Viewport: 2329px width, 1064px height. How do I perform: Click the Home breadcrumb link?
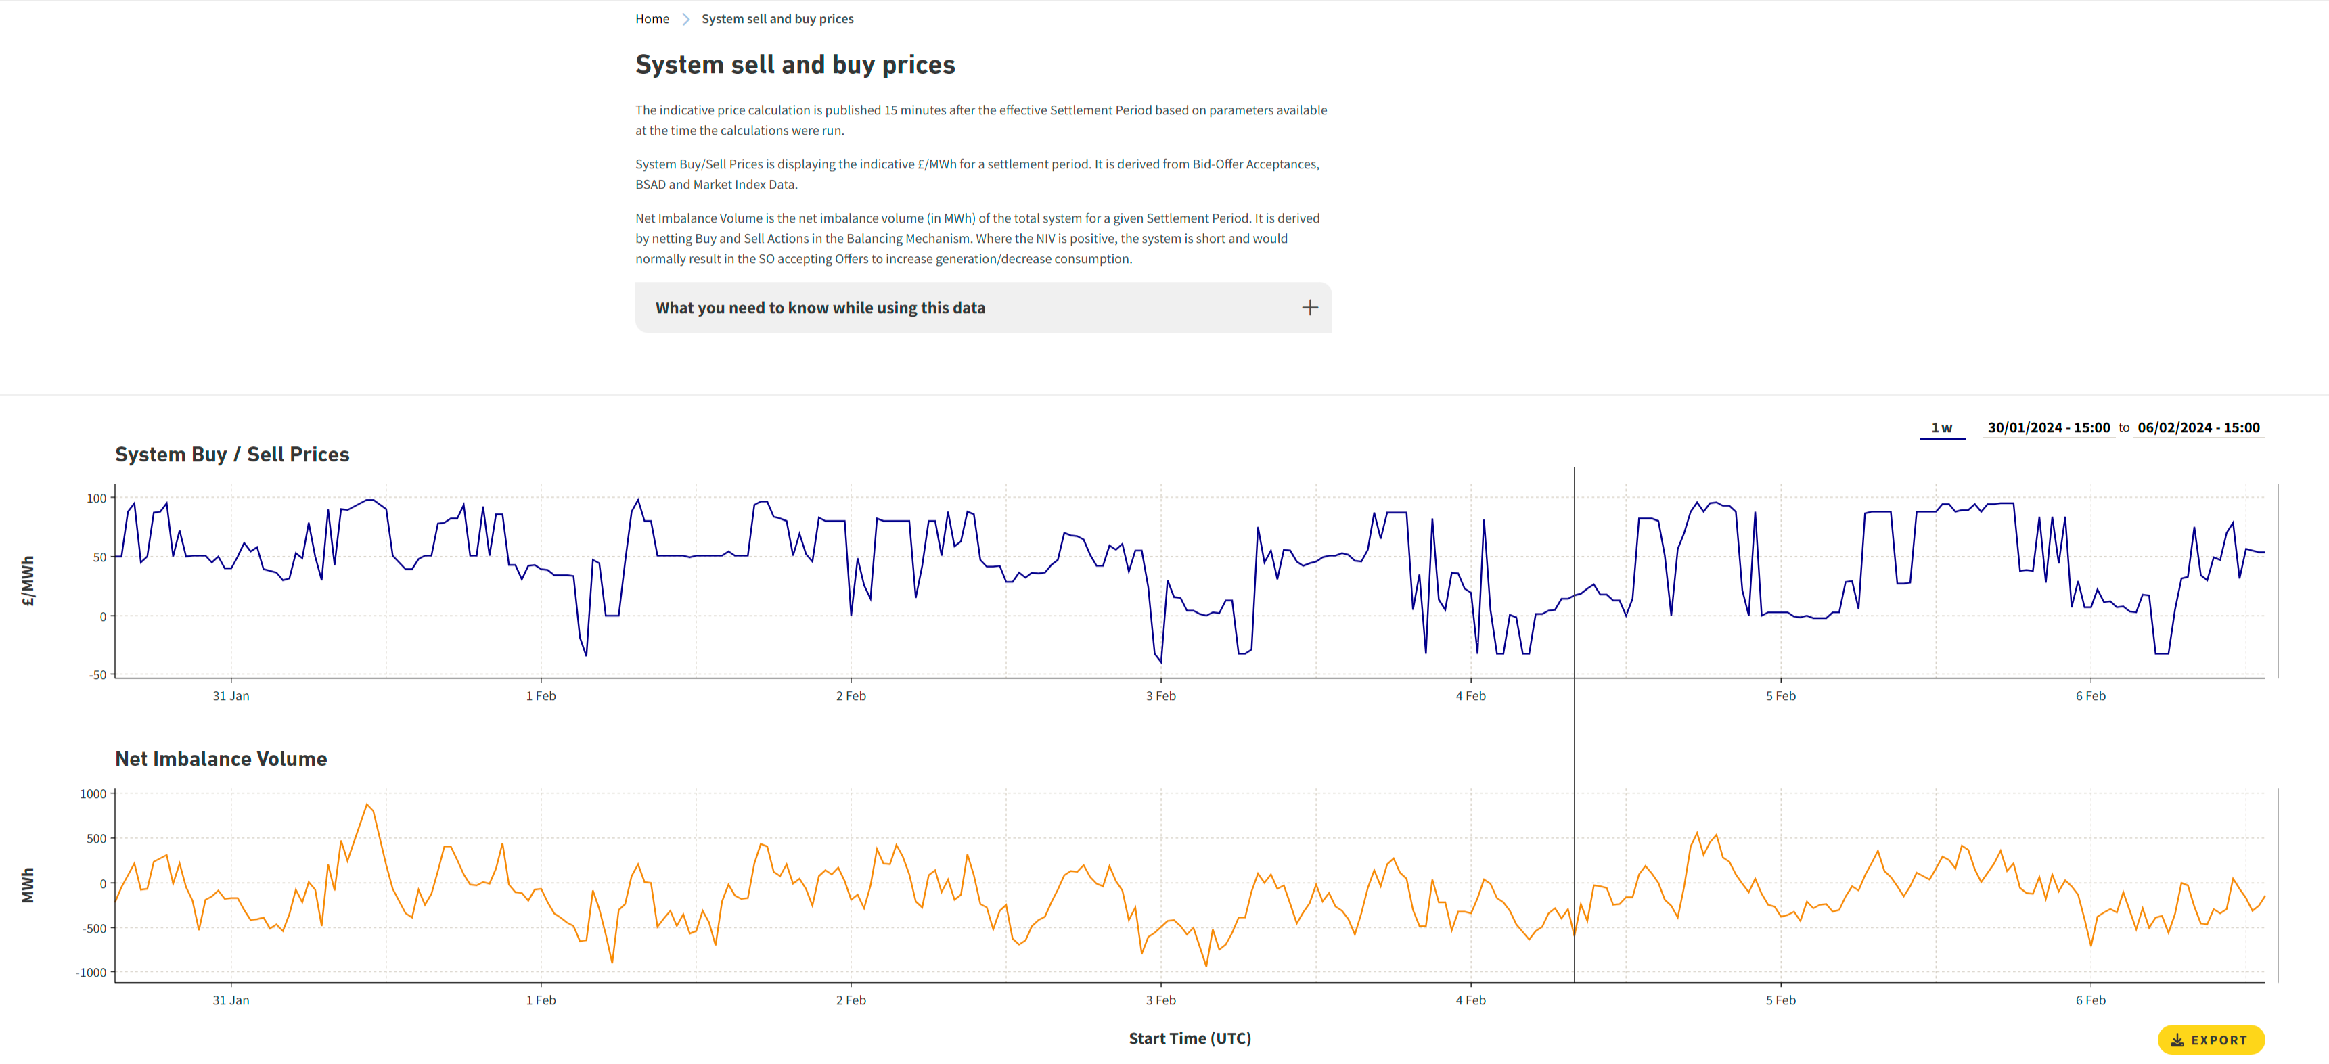tap(652, 19)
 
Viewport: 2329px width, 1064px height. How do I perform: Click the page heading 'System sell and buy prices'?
tap(795, 65)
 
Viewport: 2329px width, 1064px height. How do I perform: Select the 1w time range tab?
tap(1941, 427)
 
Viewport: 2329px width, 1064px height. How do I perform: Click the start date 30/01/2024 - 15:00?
tap(2048, 427)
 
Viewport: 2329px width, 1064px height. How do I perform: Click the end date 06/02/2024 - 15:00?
tap(2198, 427)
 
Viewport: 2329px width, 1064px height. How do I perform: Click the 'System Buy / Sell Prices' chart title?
tap(232, 455)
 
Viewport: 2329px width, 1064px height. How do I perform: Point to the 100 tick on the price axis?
tap(97, 498)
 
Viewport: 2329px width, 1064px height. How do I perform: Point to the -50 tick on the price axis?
tap(97, 674)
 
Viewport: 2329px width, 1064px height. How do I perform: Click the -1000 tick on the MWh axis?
tap(91, 973)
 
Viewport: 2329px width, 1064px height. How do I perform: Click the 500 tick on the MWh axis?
tap(96, 839)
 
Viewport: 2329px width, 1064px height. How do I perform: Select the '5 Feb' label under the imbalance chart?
tap(1780, 1000)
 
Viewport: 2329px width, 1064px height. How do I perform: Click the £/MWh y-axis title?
tap(28, 580)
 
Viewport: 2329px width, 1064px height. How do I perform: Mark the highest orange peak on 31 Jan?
tap(367, 804)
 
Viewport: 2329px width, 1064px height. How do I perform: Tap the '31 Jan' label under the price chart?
tap(231, 696)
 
